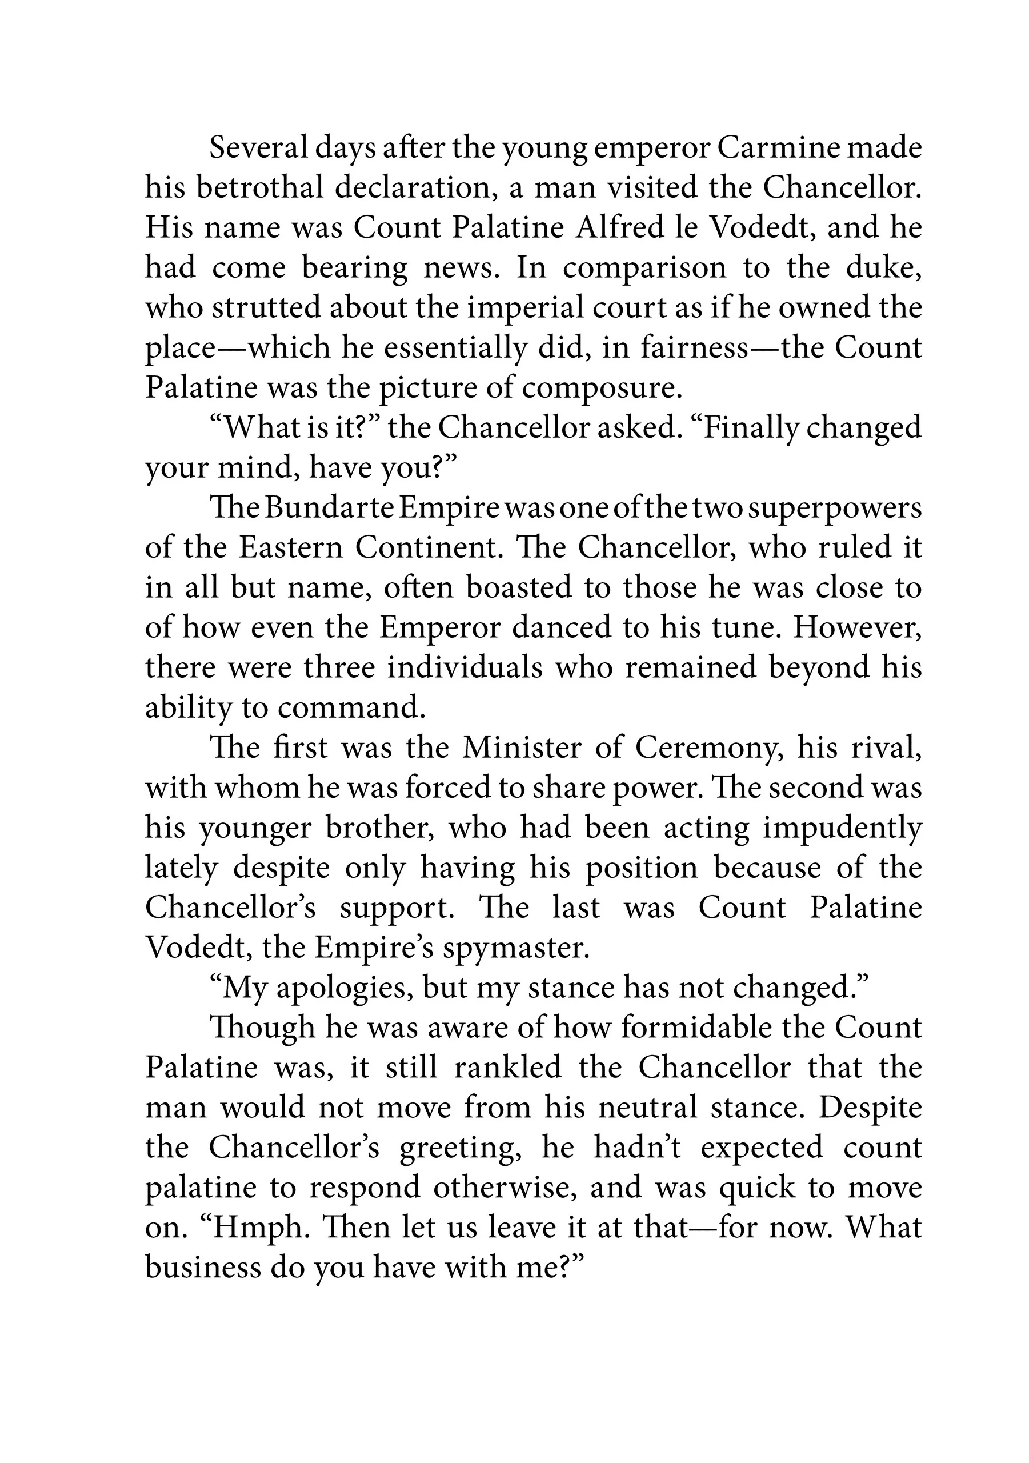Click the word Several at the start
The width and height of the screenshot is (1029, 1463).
pos(258,149)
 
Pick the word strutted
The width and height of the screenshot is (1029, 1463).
pos(270,308)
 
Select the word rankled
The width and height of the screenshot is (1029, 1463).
pos(507,1068)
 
